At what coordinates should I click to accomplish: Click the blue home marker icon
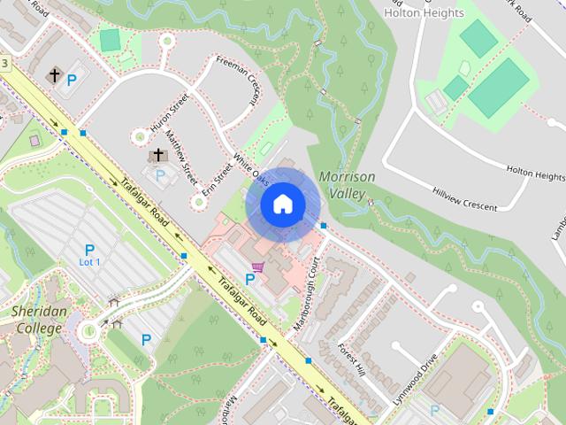coord(282,205)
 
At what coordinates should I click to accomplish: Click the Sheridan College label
coord(36,320)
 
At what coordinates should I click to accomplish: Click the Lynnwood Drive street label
coord(418,375)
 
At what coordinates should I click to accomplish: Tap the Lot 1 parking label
coord(89,262)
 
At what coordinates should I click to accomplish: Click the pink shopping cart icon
coord(257,267)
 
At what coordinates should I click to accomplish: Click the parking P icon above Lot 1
coord(89,250)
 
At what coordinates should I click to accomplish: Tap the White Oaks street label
coord(250,166)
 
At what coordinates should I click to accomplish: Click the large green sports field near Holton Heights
coord(500,89)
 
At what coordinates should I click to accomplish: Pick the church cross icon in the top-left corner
coord(55,75)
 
